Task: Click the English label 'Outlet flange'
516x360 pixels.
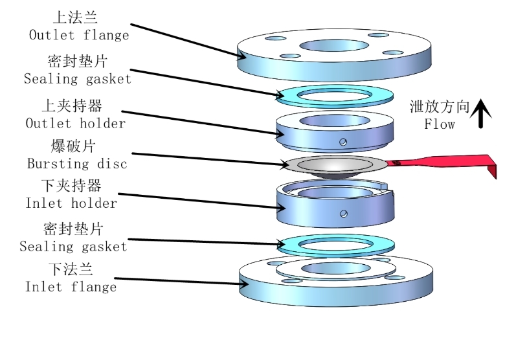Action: (79, 35)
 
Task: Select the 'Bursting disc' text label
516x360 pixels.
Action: (77, 164)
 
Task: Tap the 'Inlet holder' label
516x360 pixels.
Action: (71, 203)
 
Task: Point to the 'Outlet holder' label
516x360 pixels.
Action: (75, 124)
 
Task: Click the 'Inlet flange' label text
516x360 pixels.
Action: (71, 287)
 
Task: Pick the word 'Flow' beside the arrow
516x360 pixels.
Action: (440, 124)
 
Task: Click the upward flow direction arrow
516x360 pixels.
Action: (481, 113)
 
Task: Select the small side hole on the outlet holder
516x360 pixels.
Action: (343, 142)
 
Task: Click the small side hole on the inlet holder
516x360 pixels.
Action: (344, 214)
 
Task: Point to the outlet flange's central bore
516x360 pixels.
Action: (334, 46)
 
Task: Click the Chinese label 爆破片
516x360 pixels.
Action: (73, 146)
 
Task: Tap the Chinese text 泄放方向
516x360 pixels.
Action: (439, 107)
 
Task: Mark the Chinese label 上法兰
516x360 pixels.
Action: (75, 17)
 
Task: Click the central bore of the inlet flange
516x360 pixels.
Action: (335, 268)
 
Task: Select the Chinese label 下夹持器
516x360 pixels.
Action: (71, 186)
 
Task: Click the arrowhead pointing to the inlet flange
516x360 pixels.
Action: (244, 284)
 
